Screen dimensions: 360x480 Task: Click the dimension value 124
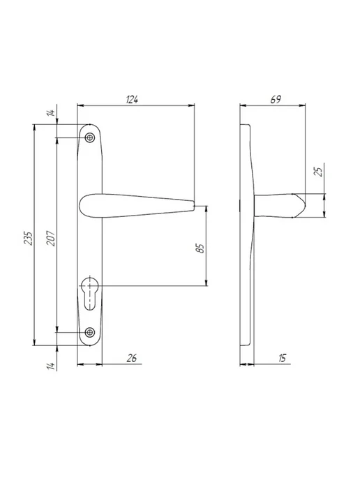(x=132, y=100)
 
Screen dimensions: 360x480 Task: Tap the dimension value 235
(x=28, y=238)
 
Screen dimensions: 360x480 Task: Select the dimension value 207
(x=51, y=238)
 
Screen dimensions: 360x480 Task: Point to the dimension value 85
(x=200, y=248)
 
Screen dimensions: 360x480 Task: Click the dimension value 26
(x=132, y=358)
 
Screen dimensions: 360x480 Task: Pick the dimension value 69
(x=275, y=100)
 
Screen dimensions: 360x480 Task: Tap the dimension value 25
(x=319, y=172)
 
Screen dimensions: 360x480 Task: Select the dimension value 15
(x=282, y=358)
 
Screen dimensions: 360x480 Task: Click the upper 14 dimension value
(x=52, y=112)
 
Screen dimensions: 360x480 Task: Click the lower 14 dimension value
(x=52, y=366)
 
